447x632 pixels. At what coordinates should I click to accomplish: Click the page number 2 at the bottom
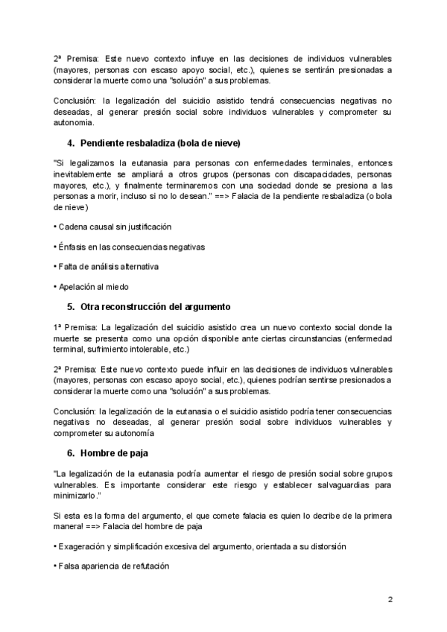pos(390,599)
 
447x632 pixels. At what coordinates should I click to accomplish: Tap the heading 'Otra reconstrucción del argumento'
pos(155,306)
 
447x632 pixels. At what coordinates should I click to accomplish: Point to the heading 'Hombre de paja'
pos(112,452)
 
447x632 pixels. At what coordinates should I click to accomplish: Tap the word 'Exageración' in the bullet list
pos(83,546)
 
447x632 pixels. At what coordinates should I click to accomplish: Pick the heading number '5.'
pos(72,306)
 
